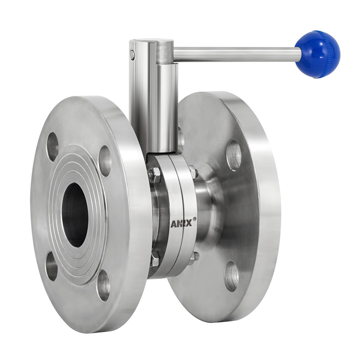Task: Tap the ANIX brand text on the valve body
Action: (181, 223)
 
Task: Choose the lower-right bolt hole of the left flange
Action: (103, 285)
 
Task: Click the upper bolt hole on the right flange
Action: (234, 156)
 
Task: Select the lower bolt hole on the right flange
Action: (231, 276)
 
